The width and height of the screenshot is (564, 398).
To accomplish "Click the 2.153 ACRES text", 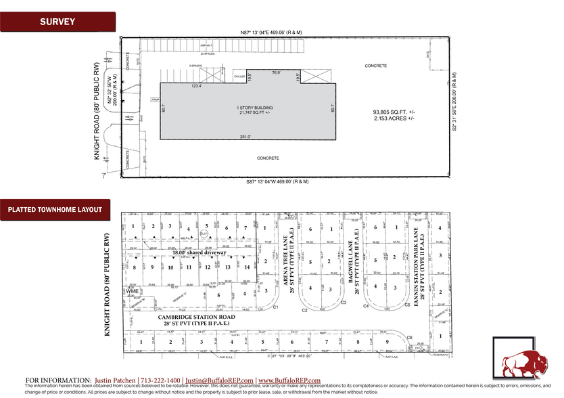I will (393, 118).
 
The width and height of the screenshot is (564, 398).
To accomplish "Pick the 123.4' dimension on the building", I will (178, 86).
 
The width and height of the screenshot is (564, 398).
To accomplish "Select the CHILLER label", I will (240, 76).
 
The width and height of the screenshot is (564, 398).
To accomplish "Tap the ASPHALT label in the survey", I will (206, 46).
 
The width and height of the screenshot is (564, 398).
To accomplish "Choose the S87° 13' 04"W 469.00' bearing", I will (277, 181).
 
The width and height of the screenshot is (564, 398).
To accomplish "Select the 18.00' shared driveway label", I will (198, 252).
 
